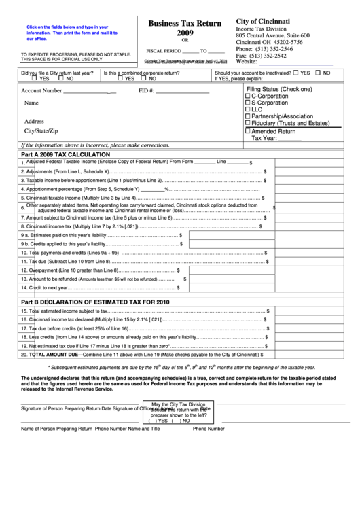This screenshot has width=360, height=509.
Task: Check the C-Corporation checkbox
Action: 247,96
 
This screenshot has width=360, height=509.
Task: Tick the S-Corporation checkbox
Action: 247,103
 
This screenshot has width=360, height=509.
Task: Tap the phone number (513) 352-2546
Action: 273,50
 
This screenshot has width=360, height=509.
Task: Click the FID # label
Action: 146,90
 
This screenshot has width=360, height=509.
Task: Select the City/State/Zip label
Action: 41,130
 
